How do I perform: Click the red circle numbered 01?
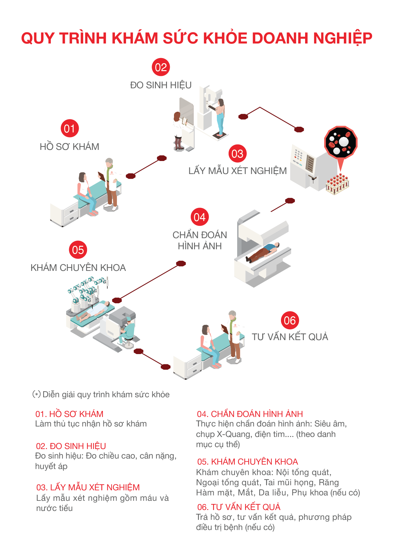click(x=70, y=129)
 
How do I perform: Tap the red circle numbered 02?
click(x=161, y=67)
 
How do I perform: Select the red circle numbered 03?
click(x=237, y=154)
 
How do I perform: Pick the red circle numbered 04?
click(x=200, y=217)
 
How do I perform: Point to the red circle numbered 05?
click(x=78, y=250)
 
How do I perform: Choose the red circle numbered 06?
click(x=290, y=320)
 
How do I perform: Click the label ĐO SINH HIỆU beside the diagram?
click(x=161, y=85)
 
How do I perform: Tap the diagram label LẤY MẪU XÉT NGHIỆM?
click(x=237, y=171)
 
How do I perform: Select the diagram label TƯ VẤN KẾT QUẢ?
click(x=290, y=337)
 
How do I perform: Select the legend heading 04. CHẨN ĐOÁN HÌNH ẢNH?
click(x=250, y=414)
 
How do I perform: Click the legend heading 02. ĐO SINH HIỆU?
click(x=71, y=446)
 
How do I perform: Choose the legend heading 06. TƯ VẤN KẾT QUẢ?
click(x=239, y=507)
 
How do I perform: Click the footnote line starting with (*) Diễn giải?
click(x=101, y=394)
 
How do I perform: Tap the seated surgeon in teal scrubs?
click(x=127, y=332)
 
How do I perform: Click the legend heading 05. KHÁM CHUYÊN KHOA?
click(x=247, y=462)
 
